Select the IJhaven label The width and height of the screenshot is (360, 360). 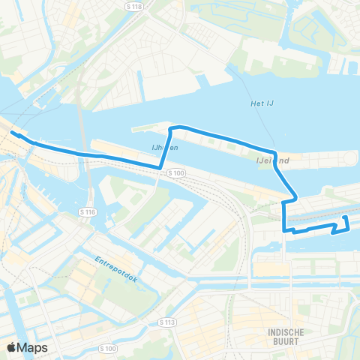point(166,149)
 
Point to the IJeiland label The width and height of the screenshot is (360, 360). point(273,160)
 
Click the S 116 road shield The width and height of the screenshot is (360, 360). point(87,213)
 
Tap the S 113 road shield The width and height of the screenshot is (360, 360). point(166,321)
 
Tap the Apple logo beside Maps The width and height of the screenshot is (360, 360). point(13,347)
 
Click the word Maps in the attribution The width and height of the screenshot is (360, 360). point(34,347)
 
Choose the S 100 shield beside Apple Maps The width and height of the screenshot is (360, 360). point(108,349)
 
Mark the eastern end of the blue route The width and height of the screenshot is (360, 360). point(345,218)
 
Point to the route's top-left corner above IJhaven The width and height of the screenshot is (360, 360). point(172,129)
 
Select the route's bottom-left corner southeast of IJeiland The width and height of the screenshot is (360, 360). point(284,230)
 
